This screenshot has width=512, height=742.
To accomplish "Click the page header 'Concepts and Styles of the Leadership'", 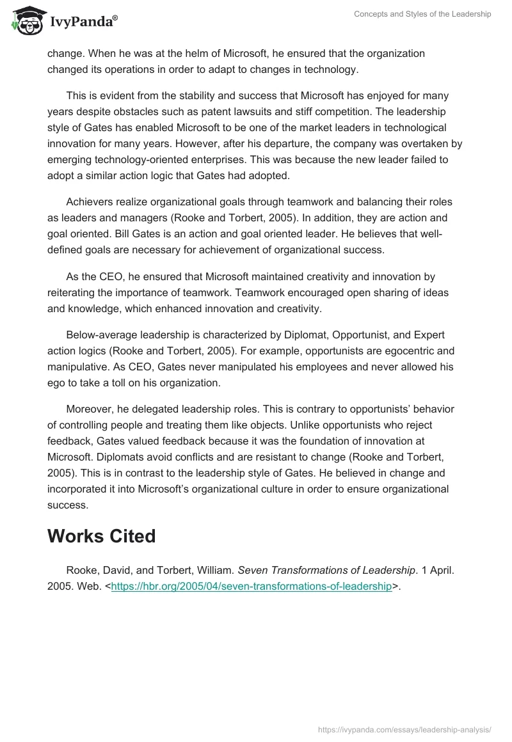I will tap(422, 14).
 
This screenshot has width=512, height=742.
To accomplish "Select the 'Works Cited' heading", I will tap(101, 536).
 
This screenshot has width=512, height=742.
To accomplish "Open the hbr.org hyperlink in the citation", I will tap(252, 587).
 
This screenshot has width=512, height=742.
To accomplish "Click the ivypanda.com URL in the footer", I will tap(405, 729).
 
